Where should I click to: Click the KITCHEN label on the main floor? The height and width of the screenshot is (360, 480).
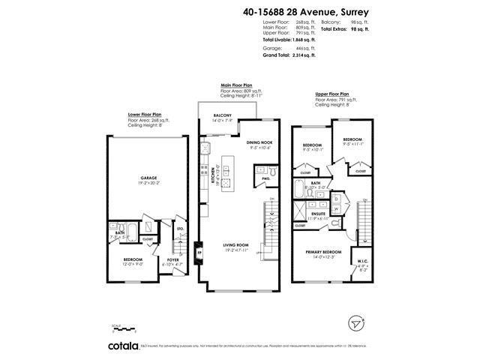pos(217,174)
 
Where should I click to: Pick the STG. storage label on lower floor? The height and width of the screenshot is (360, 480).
pos(180,229)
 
